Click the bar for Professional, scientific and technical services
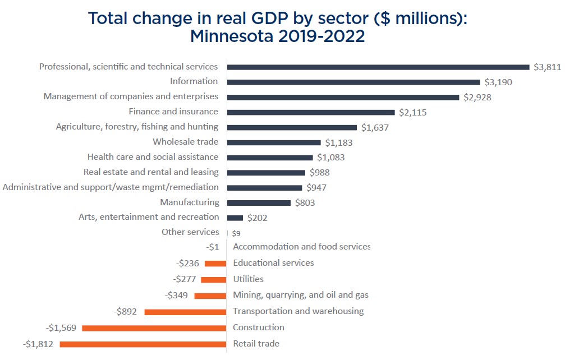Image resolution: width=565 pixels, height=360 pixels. (x=378, y=67)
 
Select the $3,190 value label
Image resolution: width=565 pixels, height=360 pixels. (x=499, y=82)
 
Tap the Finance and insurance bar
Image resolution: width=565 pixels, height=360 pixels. (x=311, y=112)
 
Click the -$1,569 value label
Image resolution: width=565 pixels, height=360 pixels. (x=62, y=327)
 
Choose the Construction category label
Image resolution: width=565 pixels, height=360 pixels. (x=259, y=327)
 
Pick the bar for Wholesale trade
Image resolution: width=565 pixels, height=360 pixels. (x=274, y=142)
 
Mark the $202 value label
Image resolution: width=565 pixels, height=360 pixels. (x=258, y=218)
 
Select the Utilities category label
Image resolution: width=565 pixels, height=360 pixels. (x=248, y=279)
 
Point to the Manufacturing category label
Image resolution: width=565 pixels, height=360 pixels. (x=190, y=202)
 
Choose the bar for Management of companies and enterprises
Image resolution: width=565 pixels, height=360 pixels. (x=343, y=97)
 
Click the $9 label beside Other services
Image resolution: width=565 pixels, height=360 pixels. (x=236, y=233)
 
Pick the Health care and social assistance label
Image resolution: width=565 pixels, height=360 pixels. (x=153, y=157)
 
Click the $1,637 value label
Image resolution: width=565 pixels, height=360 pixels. (x=375, y=127)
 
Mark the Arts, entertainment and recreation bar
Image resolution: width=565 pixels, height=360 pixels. (x=235, y=218)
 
